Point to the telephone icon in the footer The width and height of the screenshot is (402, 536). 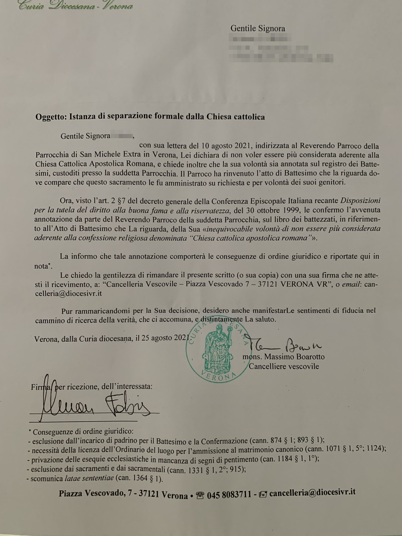coord(200,496)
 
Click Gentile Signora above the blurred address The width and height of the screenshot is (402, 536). coord(258,28)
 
